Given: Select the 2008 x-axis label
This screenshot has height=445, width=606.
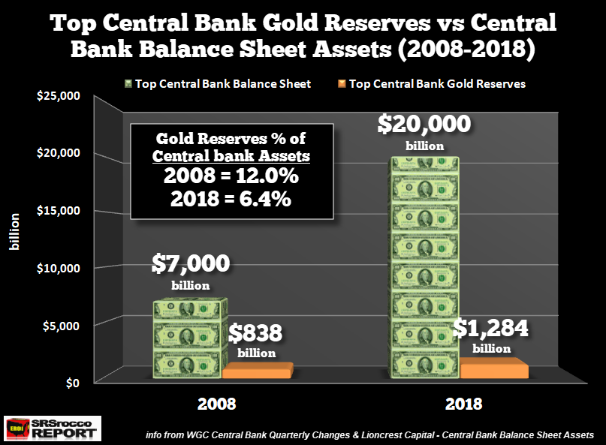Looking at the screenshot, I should point(217,404).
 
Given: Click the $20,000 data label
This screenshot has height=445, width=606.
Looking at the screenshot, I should point(425,123).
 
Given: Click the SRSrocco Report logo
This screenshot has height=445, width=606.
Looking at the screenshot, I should point(51,428).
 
